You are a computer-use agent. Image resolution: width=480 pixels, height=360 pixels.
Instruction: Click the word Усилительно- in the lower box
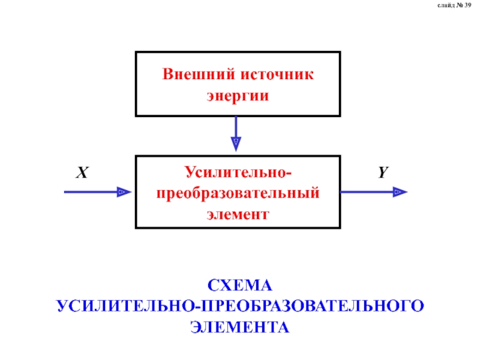(238, 173)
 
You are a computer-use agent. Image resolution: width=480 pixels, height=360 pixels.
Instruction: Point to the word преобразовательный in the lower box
(238, 193)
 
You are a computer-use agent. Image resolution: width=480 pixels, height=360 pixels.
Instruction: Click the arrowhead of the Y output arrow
(400, 192)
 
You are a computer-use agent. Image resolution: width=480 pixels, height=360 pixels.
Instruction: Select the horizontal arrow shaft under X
(90, 192)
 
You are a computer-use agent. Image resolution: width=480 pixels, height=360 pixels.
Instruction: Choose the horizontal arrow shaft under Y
(366, 192)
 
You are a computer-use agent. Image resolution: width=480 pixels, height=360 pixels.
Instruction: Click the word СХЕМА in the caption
(240, 284)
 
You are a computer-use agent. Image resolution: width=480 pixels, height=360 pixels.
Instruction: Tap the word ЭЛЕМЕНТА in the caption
(240, 327)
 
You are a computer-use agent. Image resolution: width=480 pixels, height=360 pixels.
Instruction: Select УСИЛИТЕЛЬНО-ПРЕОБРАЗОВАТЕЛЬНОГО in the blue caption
(240, 305)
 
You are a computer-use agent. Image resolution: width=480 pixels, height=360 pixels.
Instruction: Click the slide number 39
(467, 5)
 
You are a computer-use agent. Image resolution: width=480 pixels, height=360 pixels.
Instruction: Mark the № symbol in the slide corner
(458, 5)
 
